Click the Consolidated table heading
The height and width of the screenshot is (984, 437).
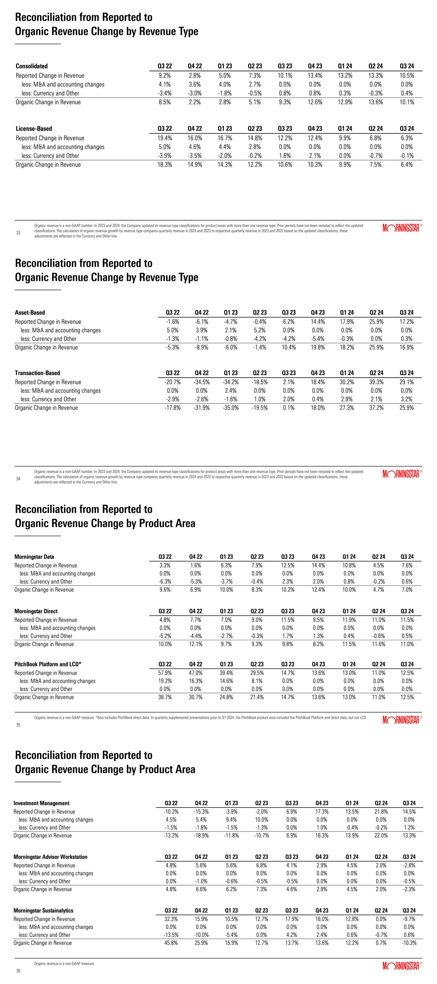tap(32, 66)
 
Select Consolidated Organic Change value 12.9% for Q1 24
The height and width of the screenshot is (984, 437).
tap(345, 102)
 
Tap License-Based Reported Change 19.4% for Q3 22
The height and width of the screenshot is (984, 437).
tap(165, 138)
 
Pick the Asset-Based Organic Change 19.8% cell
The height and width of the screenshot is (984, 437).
tap(318, 347)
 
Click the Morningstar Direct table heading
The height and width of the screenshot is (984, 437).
tap(36, 611)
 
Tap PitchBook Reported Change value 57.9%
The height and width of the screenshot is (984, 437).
tap(165, 673)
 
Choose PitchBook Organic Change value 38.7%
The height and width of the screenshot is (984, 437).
tap(165, 697)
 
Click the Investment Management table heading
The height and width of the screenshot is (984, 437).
tap(41, 803)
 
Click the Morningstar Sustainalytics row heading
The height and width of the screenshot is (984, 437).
tap(43, 911)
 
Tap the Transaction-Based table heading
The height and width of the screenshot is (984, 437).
tap(37, 373)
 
